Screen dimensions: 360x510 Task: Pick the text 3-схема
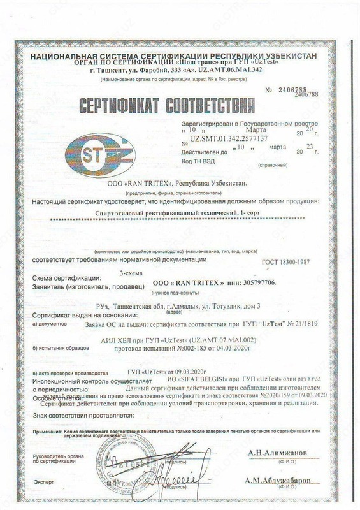131,273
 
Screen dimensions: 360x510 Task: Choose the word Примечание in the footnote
52,432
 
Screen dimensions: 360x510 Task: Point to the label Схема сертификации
69,279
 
